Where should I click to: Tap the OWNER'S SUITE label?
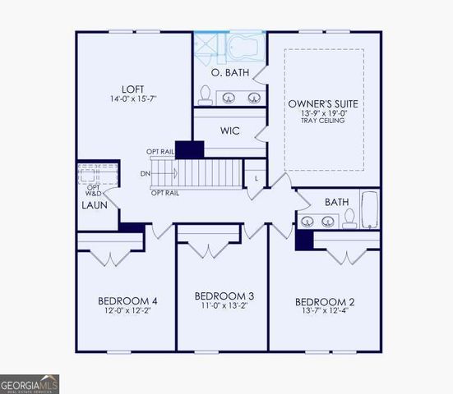pos(323,104)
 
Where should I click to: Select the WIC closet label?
pos(230,131)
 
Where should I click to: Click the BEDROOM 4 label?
pos(127,301)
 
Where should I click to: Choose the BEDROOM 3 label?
pos(223,295)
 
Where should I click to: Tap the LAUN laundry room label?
pos(93,205)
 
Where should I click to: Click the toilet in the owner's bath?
pos(205,95)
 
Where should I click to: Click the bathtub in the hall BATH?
pos(370,210)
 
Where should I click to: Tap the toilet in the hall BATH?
pos(349,218)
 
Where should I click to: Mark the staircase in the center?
pos(210,174)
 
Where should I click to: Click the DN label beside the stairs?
pos(146,173)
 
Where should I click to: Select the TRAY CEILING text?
pos(324,124)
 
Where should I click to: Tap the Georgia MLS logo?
pos(30,383)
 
